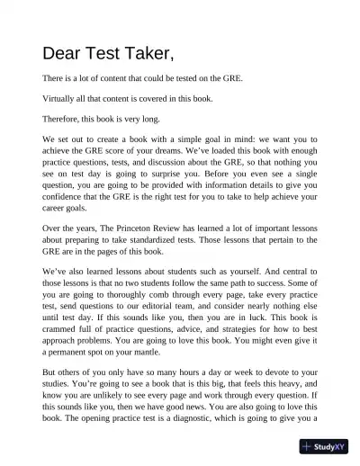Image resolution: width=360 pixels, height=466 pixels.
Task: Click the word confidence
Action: click(68, 211)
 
